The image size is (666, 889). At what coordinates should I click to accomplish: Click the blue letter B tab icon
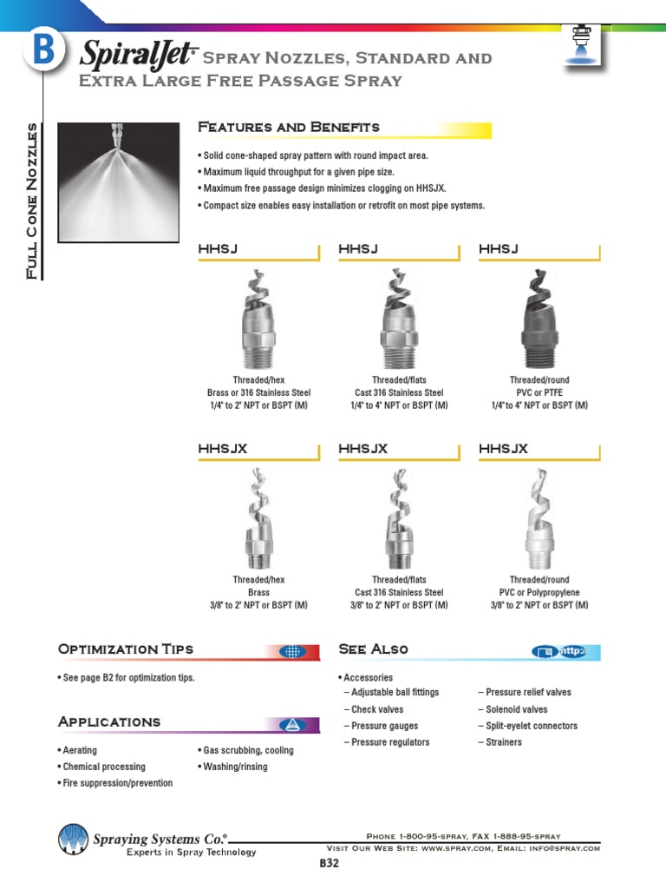point(41,51)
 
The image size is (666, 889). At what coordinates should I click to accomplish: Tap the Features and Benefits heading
point(289,128)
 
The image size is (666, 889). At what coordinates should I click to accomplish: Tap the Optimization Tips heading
point(125,649)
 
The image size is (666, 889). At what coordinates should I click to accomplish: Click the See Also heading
point(373,649)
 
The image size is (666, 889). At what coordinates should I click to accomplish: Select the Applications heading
point(109,722)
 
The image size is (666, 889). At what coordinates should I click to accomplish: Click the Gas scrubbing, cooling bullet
point(248,750)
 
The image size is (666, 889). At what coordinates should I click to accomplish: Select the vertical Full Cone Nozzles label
point(32,201)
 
